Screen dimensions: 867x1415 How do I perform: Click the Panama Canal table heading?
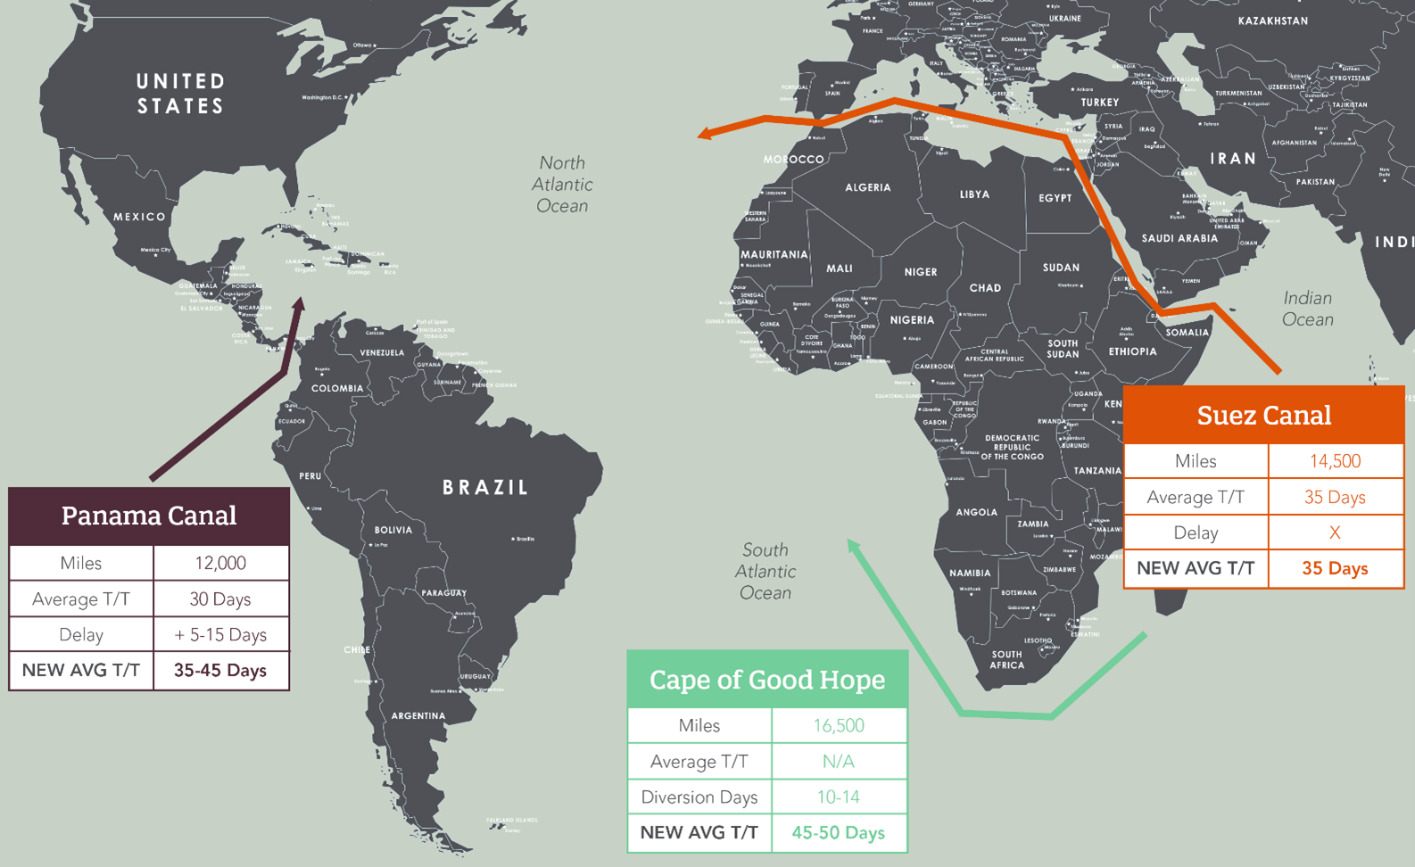pos(149,516)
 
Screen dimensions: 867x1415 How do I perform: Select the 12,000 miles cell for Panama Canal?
pos(220,563)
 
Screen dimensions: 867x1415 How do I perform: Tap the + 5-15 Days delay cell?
pos(220,634)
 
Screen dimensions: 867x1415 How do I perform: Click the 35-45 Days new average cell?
pos(220,670)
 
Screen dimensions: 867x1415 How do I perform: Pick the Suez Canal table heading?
pos(1263,416)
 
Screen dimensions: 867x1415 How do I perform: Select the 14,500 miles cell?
pos(1335,461)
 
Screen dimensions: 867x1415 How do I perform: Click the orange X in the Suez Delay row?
pos(1335,533)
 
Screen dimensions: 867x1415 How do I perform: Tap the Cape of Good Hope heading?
pos(767,680)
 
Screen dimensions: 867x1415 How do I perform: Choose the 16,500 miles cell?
pos(839,725)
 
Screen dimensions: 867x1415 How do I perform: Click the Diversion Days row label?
pos(699,797)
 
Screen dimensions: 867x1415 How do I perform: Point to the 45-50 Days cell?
pos(839,832)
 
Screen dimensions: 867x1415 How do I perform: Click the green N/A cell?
pos(839,761)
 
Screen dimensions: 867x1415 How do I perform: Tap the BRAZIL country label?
pos(486,487)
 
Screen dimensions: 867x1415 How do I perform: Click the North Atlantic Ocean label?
pos(562,185)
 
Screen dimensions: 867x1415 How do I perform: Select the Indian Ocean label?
pos(1307,309)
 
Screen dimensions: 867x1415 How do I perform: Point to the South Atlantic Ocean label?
pos(765,571)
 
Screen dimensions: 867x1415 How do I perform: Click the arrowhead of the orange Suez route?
pos(705,134)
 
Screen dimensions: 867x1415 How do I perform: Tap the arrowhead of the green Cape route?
pos(853,545)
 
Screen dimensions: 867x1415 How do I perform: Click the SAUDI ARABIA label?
pos(1179,238)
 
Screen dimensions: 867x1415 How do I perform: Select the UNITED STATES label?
pos(180,94)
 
